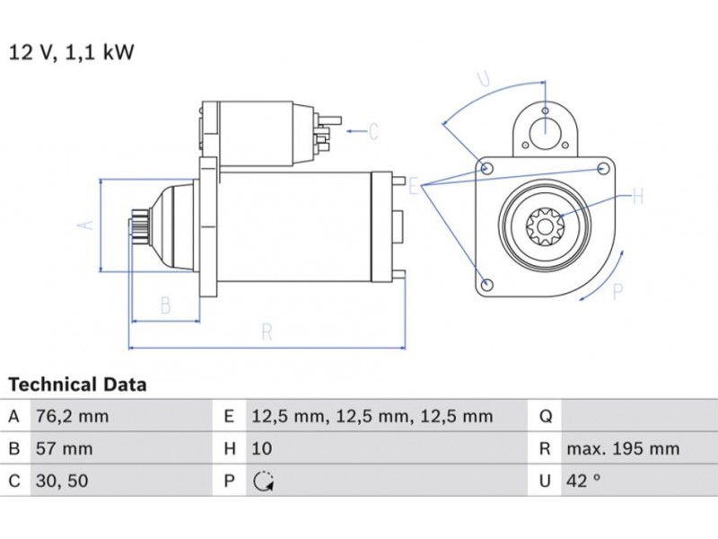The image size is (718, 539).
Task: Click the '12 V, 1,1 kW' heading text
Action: tap(71, 52)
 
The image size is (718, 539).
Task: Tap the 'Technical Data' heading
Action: tap(77, 385)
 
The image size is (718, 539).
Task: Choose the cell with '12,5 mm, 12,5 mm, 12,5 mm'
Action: tap(371, 417)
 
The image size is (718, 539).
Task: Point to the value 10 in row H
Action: tap(262, 448)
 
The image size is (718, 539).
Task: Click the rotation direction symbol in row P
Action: tap(261, 482)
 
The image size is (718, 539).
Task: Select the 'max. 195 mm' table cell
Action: tap(622, 448)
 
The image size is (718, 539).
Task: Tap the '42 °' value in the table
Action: tap(582, 481)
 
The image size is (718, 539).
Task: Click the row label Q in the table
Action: tap(544, 417)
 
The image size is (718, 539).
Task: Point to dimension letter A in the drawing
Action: tap(87, 225)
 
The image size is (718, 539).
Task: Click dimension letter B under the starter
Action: tap(165, 305)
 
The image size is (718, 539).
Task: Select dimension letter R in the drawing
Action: tap(267, 331)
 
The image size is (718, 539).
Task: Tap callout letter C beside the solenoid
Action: tap(374, 132)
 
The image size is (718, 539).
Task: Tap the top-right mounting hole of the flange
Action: tap(602, 168)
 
